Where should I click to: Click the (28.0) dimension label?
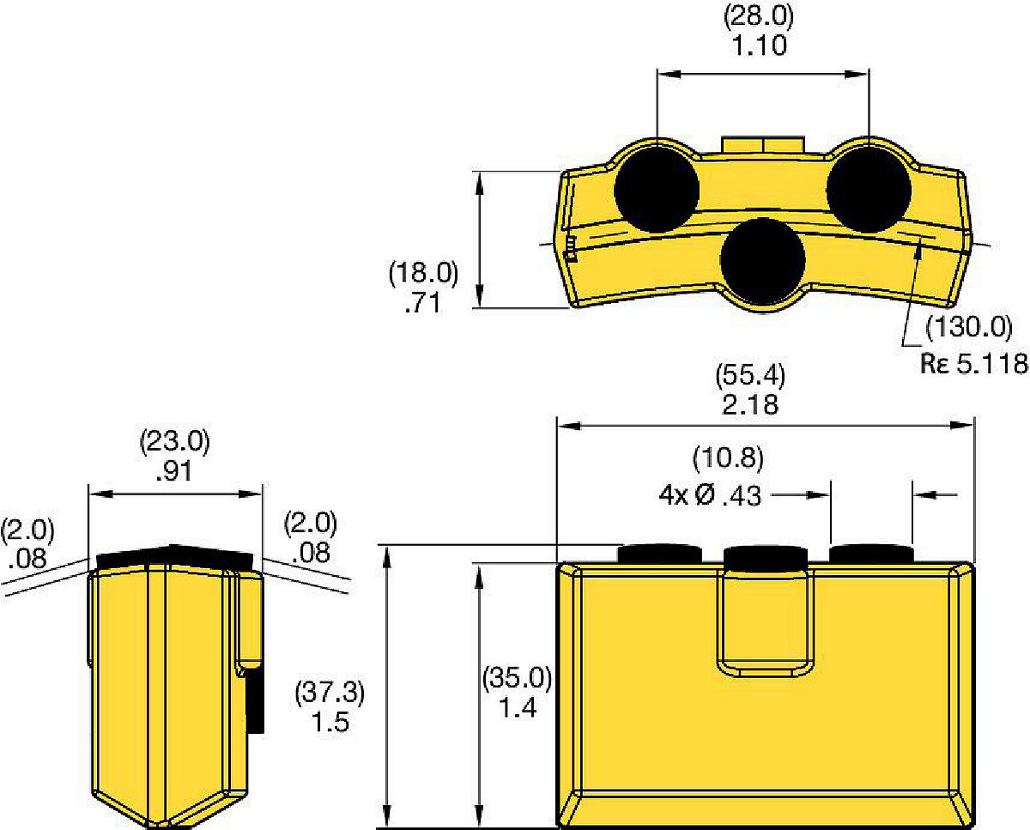pyautogui.click(x=759, y=17)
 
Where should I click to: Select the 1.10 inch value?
pyautogui.click(x=760, y=46)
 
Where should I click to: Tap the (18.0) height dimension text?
pyautogui.click(x=423, y=274)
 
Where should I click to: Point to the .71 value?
pyautogui.click(x=422, y=303)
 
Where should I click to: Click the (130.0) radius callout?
pyautogui.click(x=969, y=329)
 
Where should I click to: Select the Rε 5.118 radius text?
pyautogui.click(x=974, y=363)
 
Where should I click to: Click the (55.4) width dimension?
pyautogui.click(x=750, y=375)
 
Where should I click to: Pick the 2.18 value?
pyautogui.click(x=750, y=404)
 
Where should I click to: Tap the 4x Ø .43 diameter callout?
pyautogui.click(x=710, y=495)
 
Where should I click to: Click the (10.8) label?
pyautogui.click(x=728, y=458)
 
